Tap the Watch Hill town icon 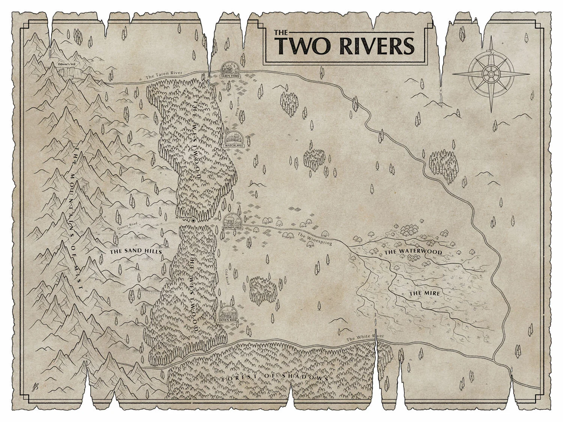pyautogui.click(x=234, y=140)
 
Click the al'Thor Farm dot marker pyautogui.click(x=182, y=222)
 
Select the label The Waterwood pyautogui.click(x=413, y=252)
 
